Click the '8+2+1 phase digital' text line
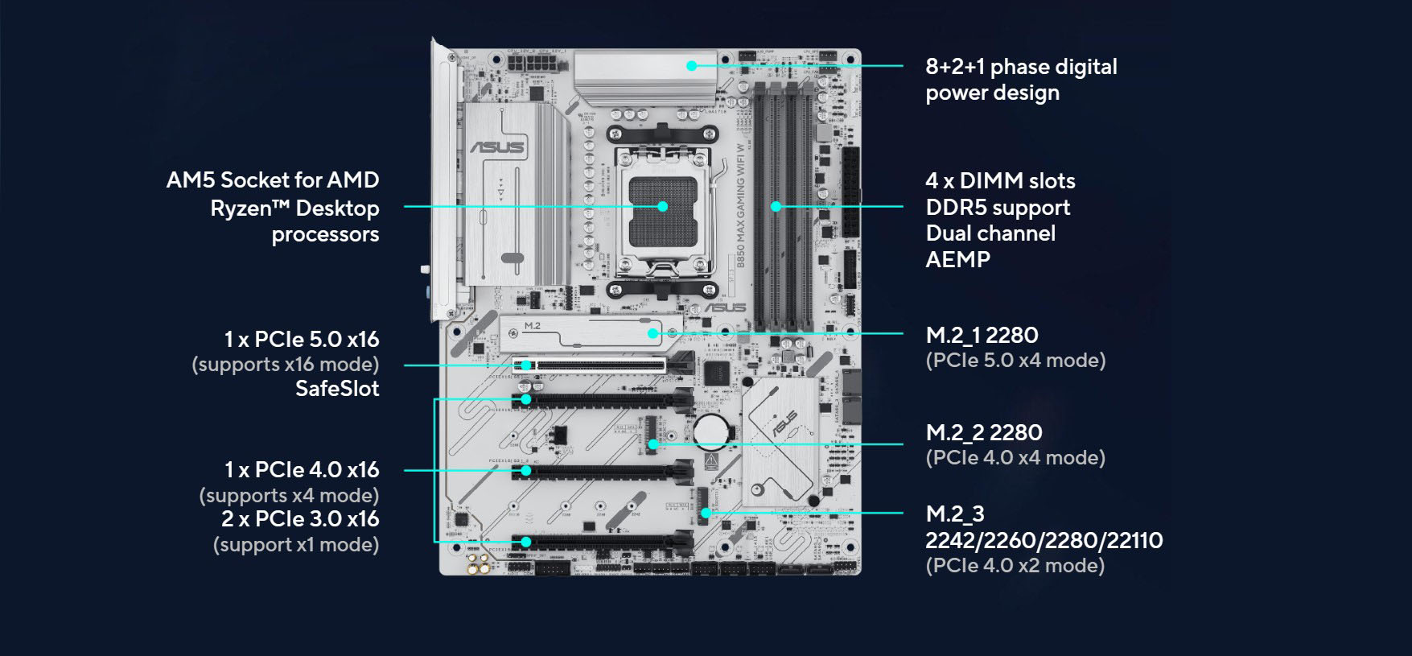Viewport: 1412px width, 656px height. [x=1020, y=67]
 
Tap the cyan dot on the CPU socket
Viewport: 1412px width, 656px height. [x=662, y=206]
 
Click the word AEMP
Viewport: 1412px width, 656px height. [x=957, y=259]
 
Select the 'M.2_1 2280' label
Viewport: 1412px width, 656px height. [x=982, y=335]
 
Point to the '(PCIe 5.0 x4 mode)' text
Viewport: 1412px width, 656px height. [x=1015, y=360]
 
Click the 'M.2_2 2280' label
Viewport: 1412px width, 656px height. [x=983, y=432]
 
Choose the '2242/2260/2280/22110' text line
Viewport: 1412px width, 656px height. [x=1044, y=539]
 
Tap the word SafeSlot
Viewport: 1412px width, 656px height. [x=336, y=389]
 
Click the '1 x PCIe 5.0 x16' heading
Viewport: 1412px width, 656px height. [x=301, y=339]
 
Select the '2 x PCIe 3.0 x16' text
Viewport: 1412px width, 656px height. [x=299, y=518]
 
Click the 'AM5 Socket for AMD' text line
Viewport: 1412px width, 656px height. [x=272, y=179]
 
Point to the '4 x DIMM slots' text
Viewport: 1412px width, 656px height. [x=999, y=180]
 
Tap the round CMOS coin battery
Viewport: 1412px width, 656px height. [x=710, y=431]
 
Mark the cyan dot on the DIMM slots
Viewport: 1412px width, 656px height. [x=776, y=206]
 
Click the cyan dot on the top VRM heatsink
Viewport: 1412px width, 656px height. [x=691, y=65]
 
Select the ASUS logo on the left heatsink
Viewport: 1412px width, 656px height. [x=497, y=147]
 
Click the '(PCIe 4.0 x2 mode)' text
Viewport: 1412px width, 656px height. [x=1015, y=565]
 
